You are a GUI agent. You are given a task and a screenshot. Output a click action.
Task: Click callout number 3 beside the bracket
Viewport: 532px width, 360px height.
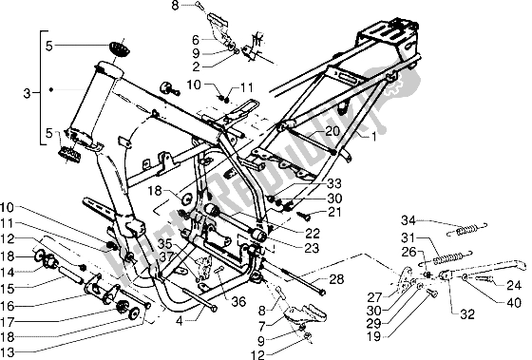coord(25,92)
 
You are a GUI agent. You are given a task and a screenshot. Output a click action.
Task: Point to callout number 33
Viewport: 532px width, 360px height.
coord(307,183)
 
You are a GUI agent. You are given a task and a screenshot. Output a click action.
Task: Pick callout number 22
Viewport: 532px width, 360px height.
coord(287,232)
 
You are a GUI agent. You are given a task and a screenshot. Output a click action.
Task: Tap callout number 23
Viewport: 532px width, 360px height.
coord(287,247)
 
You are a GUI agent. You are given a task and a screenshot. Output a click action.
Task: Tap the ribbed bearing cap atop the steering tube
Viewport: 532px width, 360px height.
coord(118,47)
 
